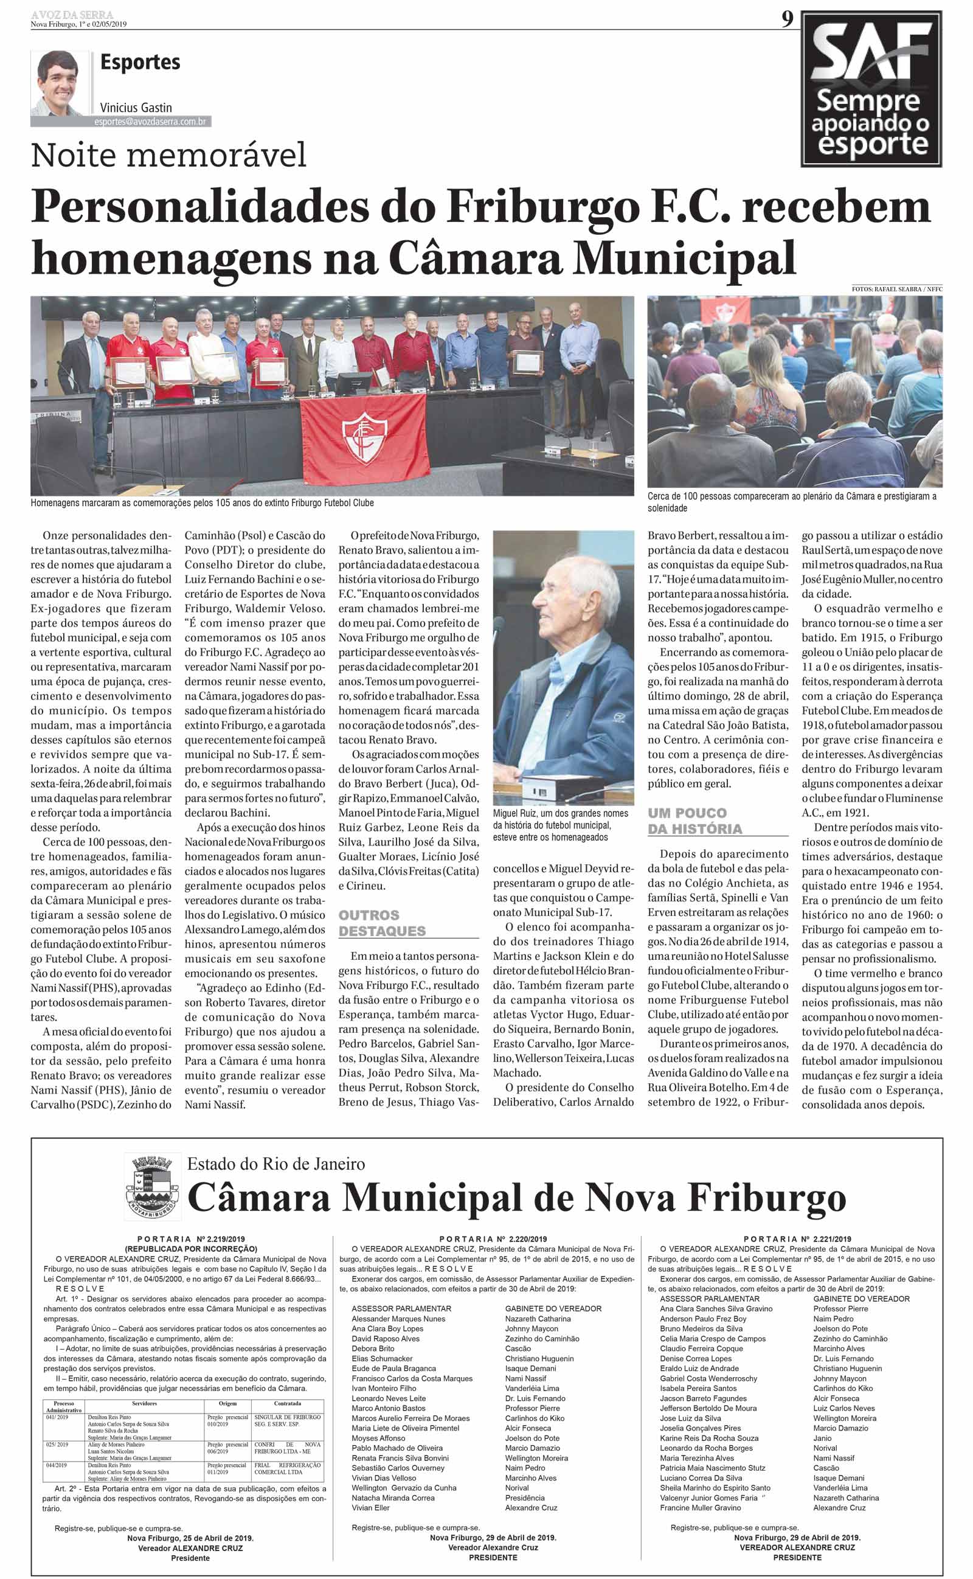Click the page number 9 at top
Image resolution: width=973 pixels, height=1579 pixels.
tap(787, 19)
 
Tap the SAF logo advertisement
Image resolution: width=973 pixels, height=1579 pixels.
tap(872, 89)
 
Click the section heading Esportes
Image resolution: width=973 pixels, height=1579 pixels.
tap(140, 63)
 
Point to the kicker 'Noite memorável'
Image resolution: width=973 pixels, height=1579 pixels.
tap(168, 156)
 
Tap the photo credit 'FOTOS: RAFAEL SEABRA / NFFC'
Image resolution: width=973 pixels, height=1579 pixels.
tap(896, 290)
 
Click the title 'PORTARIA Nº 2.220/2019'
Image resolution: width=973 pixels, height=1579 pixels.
tap(493, 1238)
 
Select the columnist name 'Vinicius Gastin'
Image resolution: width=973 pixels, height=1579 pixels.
tap(136, 108)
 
